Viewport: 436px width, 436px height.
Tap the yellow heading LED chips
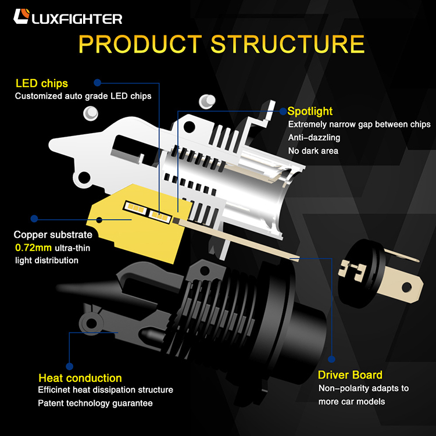[42, 84]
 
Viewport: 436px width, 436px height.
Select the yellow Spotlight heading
[310, 111]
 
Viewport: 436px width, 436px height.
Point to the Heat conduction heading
[80, 378]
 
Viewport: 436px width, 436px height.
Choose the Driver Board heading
[350, 375]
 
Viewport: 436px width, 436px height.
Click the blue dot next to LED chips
[98, 83]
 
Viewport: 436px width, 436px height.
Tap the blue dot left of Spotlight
[283, 110]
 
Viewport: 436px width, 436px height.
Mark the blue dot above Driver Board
[332, 359]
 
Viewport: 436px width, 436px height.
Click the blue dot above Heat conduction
[69, 366]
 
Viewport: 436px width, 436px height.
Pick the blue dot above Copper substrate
[34, 219]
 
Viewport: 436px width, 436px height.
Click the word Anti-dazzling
[314, 138]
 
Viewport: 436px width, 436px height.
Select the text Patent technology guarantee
[95, 403]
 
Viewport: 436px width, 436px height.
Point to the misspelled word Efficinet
[56, 389]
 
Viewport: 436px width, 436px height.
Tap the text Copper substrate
[53, 235]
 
